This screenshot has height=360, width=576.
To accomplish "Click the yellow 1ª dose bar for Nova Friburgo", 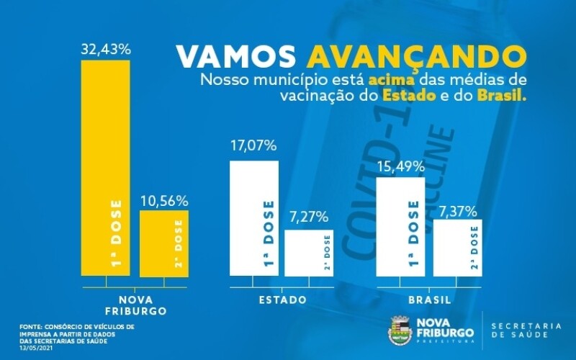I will [x=105, y=168].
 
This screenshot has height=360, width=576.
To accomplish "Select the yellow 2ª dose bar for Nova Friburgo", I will [x=163, y=243].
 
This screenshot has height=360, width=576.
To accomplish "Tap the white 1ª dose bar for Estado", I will [x=253, y=218].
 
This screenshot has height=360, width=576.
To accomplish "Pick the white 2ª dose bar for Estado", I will [x=308, y=253].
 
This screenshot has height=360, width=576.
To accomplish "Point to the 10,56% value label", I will [x=163, y=199].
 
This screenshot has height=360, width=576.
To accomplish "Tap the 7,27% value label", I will [x=308, y=216].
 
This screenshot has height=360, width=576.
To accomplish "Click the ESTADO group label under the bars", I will [x=282, y=300].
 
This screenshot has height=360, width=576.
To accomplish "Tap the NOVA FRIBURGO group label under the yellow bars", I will [x=136, y=305].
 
